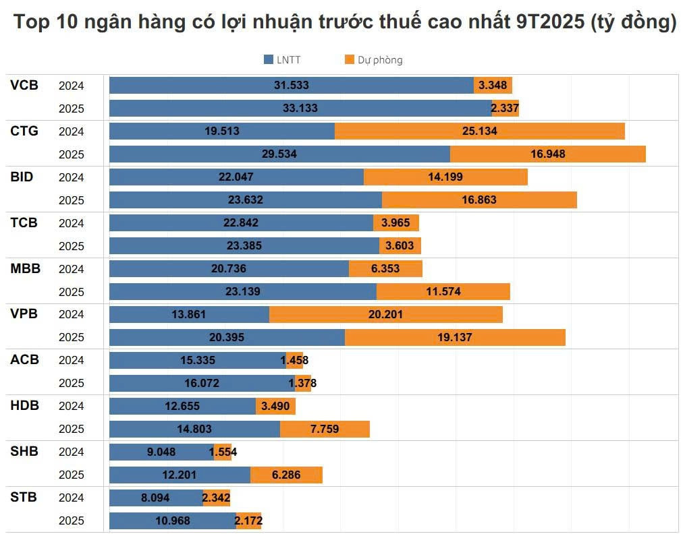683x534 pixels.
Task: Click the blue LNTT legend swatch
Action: coord(268,60)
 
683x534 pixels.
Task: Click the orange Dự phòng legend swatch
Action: coord(349,60)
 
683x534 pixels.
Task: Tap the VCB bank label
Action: coord(24,86)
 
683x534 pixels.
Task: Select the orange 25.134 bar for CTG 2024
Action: coord(479,131)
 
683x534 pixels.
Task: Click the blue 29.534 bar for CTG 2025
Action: coord(279,154)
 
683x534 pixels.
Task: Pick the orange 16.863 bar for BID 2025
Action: coord(479,200)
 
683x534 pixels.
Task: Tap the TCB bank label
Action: coord(24,222)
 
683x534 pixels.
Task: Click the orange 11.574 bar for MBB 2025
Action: coord(443,291)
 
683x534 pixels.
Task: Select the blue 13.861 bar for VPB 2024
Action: coord(189,314)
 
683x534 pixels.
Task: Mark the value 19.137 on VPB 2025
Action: coord(455,337)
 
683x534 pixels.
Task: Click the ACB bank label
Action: coord(24,360)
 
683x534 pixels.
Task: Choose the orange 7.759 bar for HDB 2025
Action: coord(325,429)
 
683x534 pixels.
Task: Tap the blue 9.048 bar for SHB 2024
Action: coord(161,452)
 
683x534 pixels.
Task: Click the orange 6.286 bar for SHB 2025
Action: coord(286,475)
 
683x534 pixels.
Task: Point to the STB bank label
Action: coord(24,498)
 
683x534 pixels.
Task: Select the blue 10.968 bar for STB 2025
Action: coord(172,521)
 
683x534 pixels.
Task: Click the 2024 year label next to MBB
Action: coord(71,268)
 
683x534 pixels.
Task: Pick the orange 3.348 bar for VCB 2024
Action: coord(493,85)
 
